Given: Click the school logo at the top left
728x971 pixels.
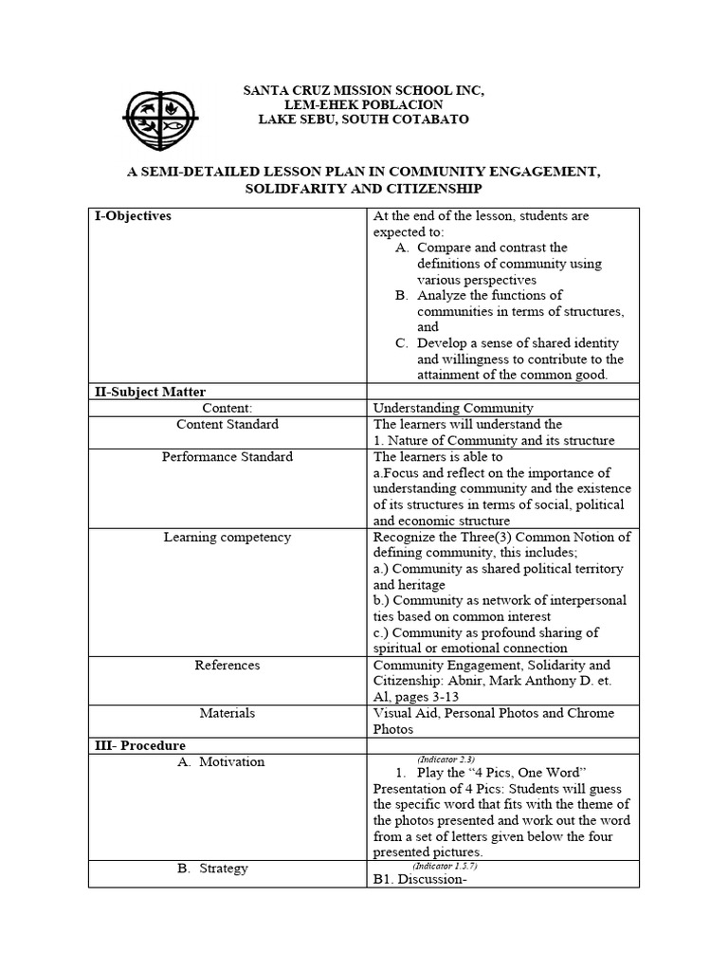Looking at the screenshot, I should coord(161,119).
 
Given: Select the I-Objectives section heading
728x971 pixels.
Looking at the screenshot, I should coord(133,216).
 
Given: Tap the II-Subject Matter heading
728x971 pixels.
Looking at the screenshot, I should coord(150,392).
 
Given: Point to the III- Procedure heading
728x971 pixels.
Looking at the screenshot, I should coord(140,745).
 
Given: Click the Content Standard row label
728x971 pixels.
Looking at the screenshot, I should coord(227,424).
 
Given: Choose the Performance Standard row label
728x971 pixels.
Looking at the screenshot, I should coord(227,456).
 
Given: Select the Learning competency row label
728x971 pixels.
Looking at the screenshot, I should coord(227,537).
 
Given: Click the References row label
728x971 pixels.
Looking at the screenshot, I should coord(227,665).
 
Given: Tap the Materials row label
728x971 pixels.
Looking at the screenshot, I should coord(227,713).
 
